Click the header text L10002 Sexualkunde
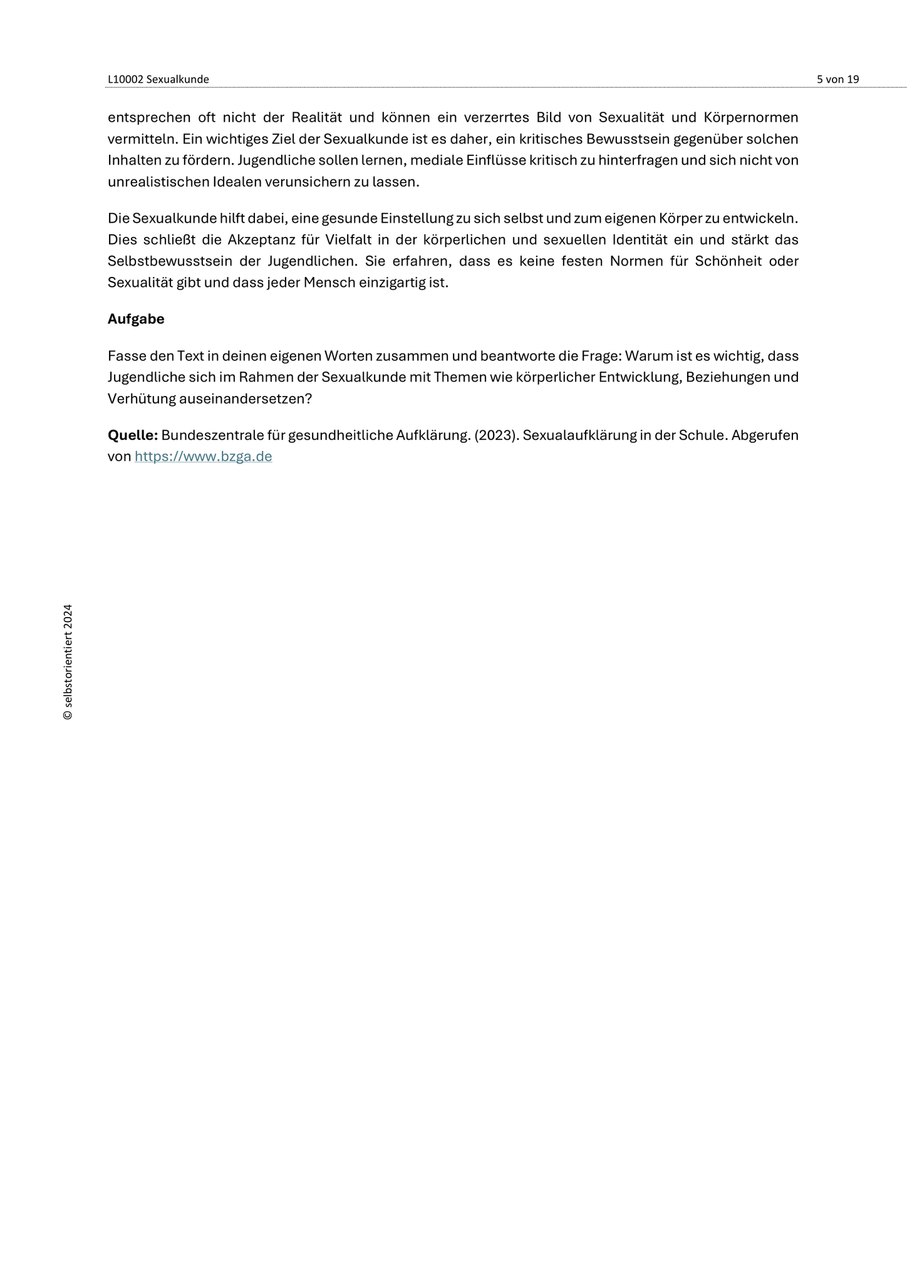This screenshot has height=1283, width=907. [158, 79]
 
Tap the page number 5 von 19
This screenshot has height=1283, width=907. [837, 79]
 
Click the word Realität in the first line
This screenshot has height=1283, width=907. [316, 117]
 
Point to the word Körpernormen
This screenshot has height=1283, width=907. [750, 117]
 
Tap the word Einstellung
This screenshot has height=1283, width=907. [417, 218]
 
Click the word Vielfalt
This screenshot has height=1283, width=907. [348, 239]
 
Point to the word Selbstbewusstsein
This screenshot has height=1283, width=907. [165, 261]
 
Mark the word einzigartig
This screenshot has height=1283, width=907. [390, 282]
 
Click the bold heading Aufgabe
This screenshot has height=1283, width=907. [136, 319]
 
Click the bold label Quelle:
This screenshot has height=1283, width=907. [132, 435]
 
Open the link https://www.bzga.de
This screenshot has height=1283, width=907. [203, 456]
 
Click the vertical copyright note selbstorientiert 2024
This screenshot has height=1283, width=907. [68, 662]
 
